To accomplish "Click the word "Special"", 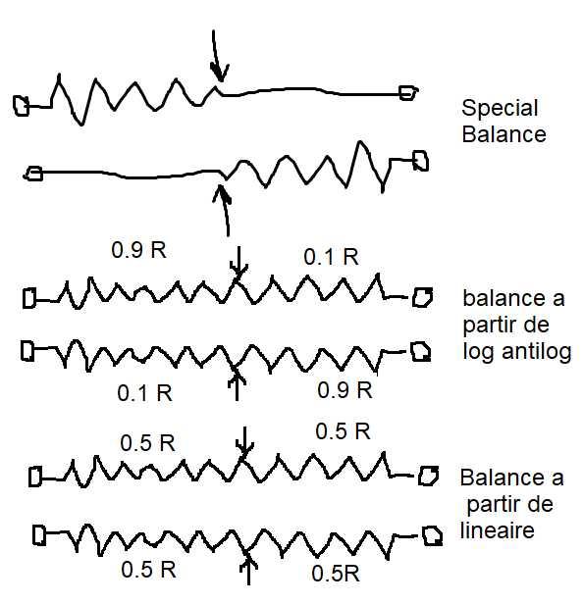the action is coord(500,109).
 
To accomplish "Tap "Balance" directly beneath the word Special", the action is coord(503,134).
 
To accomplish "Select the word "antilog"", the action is coord(536,351).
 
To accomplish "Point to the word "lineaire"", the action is coord(498,530).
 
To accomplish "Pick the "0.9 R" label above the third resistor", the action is coord(138,250).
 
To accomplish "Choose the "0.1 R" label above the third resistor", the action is coord(331,257).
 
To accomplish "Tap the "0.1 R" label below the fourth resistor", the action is coord(144,393).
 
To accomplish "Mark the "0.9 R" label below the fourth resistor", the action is coord(344,390).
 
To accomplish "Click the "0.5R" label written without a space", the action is coord(336,574).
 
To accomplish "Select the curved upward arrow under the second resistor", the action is coord(225,210).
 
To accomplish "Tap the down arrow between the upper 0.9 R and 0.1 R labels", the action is coord(238,264).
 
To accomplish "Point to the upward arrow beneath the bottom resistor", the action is coord(248,569).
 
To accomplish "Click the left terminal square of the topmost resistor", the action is coord(21,106).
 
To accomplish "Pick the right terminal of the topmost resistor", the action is coord(408,93).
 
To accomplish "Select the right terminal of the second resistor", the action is coord(421,161).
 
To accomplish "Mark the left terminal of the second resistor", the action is coord(34,174).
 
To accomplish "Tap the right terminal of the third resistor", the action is coord(422,297).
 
